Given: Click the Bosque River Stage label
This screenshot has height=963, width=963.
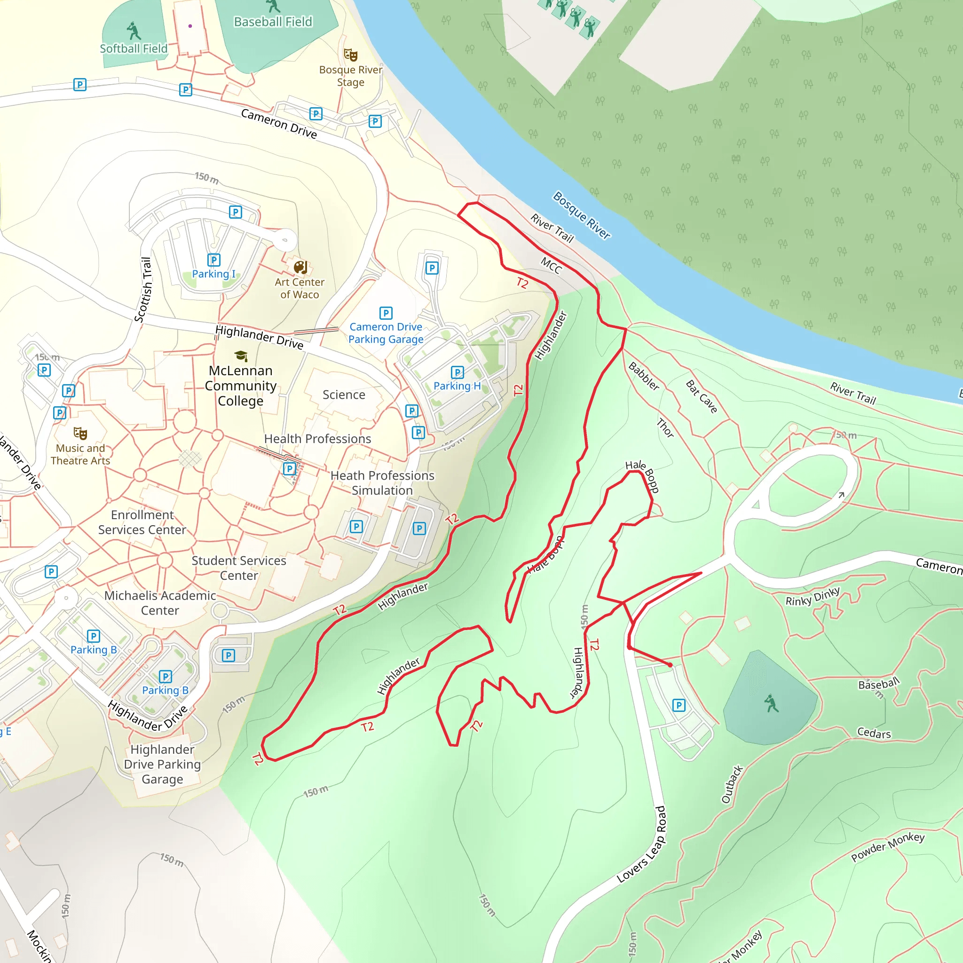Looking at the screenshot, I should [x=350, y=76].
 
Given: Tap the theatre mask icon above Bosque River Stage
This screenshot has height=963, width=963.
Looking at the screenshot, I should [x=350, y=55].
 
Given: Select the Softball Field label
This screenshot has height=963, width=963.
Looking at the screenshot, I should [x=134, y=48].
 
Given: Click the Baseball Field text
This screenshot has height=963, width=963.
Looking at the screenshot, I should [x=273, y=22].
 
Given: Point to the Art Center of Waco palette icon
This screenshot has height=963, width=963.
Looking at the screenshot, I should [x=300, y=267].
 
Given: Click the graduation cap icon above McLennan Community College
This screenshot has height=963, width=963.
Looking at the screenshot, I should [x=241, y=355].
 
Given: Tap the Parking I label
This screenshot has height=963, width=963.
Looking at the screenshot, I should [x=213, y=274].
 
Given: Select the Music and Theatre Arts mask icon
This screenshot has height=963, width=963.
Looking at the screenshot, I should [x=80, y=433].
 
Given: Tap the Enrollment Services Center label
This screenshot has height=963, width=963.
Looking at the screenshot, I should [x=142, y=522].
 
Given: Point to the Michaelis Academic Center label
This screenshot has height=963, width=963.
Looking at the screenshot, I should [x=160, y=603].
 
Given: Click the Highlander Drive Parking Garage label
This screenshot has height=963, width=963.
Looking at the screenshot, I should [x=163, y=764].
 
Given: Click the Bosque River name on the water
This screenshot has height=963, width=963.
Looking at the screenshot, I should [x=581, y=215].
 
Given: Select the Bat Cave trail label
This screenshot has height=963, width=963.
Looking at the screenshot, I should [x=701, y=396].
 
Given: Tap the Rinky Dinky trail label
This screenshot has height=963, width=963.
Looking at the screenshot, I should [x=813, y=597].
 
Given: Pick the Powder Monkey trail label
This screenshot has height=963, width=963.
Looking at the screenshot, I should [x=887, y=846].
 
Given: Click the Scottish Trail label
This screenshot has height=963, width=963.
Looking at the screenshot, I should [x=143, y=290].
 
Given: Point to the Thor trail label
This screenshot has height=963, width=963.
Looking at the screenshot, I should [x=665, y=428].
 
